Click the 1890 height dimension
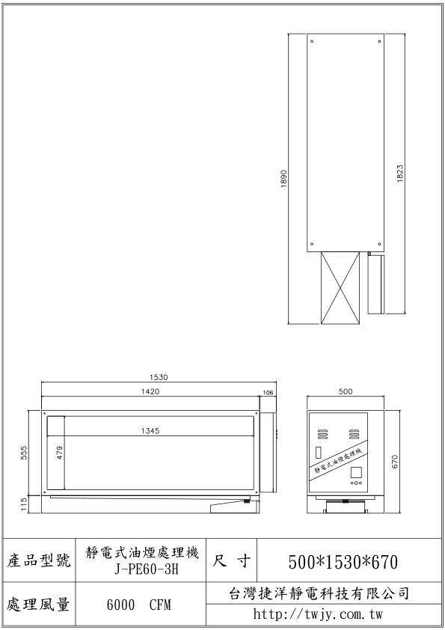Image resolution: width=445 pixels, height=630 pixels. click(284, 179)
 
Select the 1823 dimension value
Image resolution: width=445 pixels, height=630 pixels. click(399, 174)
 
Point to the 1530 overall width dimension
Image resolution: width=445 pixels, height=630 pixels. click(159, 377)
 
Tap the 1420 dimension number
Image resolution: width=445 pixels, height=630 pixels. click(150, 391)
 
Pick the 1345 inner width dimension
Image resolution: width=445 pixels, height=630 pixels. click(150, 431)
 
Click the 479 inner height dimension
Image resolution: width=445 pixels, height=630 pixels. click(59, 453)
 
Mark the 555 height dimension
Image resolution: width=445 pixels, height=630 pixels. click(24, 453)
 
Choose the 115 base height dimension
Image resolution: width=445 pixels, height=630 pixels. click(24, 504)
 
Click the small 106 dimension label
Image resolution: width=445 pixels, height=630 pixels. click(268, 393)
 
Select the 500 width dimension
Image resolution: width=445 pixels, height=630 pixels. click(346, 391)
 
